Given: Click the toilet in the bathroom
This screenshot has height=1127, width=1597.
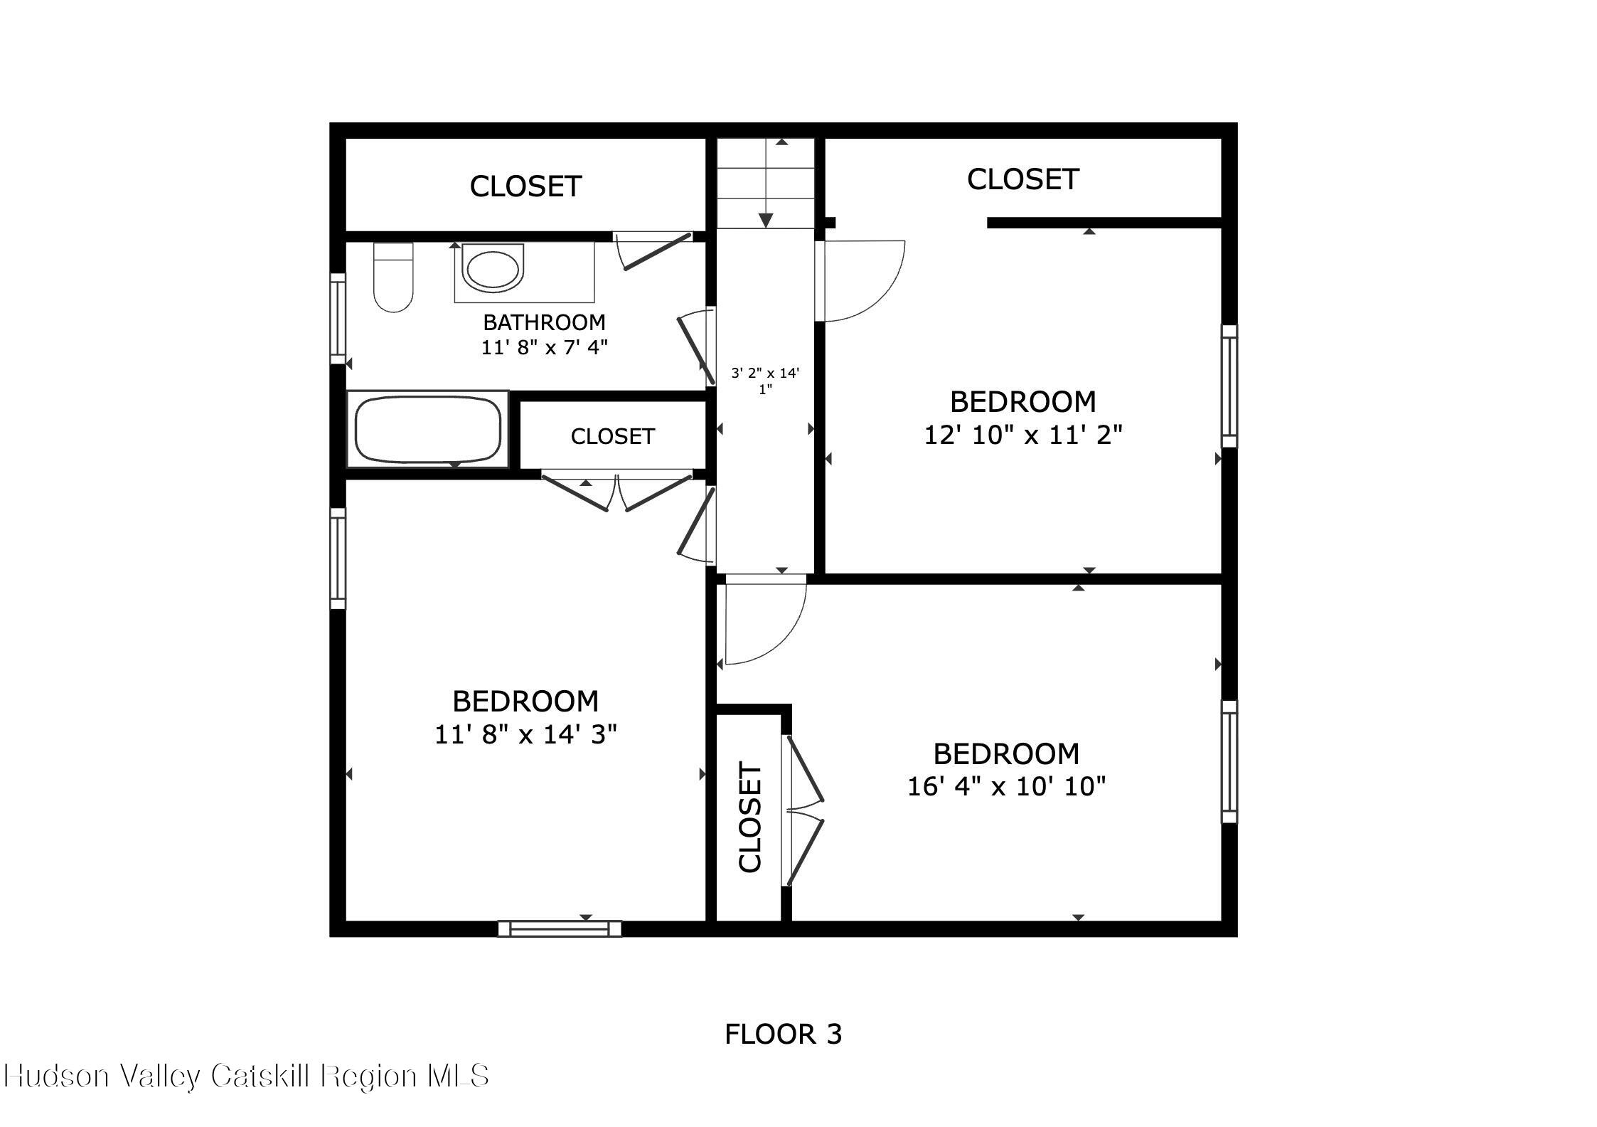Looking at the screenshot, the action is [x=393, y=277].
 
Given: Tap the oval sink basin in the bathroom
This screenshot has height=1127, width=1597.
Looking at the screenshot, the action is [x=493, y=268].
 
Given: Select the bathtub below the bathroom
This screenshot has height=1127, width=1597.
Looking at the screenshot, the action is [x=428, y=429].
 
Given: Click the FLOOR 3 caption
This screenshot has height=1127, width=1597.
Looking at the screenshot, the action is [x=783, y=1034].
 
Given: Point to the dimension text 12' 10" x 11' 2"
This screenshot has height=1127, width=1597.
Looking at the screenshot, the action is [x=1022, y=434].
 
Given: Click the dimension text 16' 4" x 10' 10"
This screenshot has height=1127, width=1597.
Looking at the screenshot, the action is [x=1006, y=786].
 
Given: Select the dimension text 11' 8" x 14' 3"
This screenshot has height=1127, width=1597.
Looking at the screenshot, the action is [x=525, y=734].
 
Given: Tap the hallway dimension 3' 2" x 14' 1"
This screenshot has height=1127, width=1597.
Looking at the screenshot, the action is [x=765, y=381].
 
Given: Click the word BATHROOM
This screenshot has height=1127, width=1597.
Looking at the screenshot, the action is [x=544, y=322].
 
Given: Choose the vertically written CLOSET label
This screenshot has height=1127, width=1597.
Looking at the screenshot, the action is [x=750, y=817].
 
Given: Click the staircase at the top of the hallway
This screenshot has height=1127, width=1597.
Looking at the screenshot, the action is [x=765, y=183].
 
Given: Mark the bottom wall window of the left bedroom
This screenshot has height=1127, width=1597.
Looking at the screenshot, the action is [x=560, y=928].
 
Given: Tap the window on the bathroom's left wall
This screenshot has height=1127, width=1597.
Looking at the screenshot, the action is [x=338, y=318].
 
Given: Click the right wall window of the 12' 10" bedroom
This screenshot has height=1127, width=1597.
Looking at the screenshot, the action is [x=1229, y=386].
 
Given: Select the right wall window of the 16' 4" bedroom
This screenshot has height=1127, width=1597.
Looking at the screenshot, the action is [x=1229, y=761].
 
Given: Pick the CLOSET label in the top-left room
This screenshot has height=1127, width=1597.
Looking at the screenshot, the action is [x=525, y=186].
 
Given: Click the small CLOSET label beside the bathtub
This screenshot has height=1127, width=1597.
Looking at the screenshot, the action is [x=612, y=436].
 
